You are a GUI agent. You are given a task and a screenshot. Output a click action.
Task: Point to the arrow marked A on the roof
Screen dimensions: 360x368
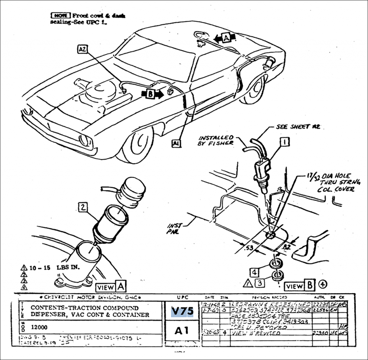click(226, 37)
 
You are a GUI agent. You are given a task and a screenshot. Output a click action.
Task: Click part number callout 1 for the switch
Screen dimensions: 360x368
click(285, 142)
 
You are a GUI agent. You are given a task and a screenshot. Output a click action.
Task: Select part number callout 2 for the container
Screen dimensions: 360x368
click(83, 207)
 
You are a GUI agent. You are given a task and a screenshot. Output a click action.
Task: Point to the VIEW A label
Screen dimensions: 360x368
click(111, 287)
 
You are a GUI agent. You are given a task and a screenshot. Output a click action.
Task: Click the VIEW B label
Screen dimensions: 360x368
click(300, 286)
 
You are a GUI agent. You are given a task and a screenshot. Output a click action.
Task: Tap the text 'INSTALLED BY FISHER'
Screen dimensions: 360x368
click(216, 140)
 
